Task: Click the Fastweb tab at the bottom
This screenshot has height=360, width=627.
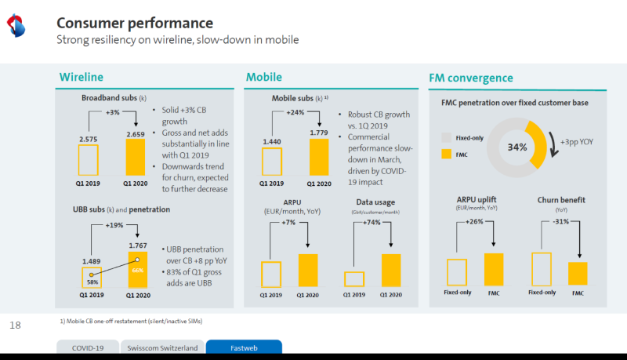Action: point(243,347)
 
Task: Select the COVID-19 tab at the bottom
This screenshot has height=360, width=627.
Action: point(88,347)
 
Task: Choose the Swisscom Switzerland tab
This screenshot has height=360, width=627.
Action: point(162,347)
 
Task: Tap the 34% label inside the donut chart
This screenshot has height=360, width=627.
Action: point(516,147)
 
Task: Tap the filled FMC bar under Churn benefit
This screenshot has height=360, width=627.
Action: point(578,273)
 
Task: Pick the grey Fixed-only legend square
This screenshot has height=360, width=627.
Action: point(447,138)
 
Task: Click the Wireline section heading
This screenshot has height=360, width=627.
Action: point(82,78)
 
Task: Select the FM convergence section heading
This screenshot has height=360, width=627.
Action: point(471,78)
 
